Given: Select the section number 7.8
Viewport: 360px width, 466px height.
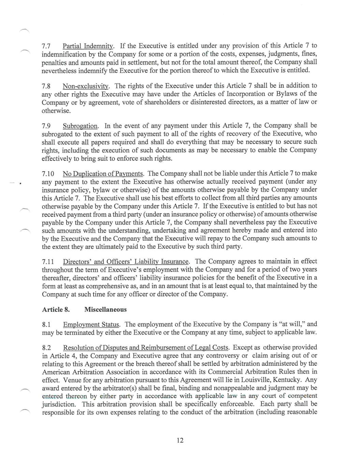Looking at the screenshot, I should click(46, 86).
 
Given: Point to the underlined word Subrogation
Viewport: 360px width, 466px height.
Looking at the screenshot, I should click(80, 126).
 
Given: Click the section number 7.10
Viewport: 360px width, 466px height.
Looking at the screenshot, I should click(48, 174).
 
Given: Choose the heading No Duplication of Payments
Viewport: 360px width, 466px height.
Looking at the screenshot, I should click(103, 174).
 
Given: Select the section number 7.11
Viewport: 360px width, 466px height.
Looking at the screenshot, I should click(48, 262).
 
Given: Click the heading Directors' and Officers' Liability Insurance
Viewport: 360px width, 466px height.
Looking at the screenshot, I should click(126, 262).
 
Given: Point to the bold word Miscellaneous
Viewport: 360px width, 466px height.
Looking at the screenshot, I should click(105, 310).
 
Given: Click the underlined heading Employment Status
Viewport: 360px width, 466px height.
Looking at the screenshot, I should click(91, 324).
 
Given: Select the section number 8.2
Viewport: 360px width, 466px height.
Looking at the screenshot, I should click(46, 348).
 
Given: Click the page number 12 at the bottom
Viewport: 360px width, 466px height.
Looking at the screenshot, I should click(180, 440).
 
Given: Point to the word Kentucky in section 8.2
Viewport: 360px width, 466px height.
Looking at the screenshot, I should click(286, 380).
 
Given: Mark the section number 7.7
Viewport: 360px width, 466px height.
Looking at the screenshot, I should click(46, 46).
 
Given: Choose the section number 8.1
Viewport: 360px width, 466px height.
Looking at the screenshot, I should click(46, 324).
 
